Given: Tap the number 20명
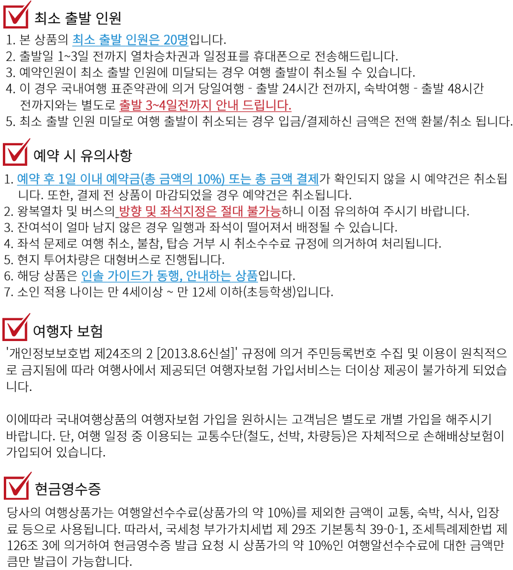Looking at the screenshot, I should coord(176,40).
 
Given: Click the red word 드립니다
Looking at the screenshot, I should coord(267,105).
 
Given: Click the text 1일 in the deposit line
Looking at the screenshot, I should coord(67,179).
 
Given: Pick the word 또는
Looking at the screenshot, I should coord(242,179).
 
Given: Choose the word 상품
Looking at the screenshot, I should coord(247,276).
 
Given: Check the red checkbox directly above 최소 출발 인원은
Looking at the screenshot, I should coord(16,16).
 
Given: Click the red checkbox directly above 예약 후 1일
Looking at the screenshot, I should coord(16,153).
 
